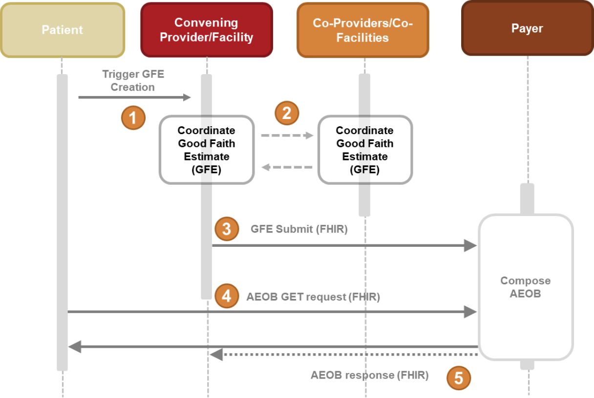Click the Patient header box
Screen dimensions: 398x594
tap(63, 30)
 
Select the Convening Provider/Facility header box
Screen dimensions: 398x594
tap(206, 30)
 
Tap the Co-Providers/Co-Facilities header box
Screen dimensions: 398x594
tap(362, 30)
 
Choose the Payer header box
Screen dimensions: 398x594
tap(527, 28)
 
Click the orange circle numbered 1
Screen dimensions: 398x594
tap(133, 118)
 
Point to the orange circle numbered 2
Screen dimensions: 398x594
tap(287, 113)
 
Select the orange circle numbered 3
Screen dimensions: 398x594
tap(227, 229)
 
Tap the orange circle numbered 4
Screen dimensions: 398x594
tap(227, 296)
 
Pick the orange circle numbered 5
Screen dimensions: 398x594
tap(459, 378)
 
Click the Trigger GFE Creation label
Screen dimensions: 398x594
tap(133, 80)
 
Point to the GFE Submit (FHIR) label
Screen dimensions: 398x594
tap(299, 229)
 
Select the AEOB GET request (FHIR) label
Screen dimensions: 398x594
tap(313, 296)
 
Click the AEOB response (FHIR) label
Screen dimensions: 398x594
tap(369, 376)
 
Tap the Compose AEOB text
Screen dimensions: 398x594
tap(525, 287)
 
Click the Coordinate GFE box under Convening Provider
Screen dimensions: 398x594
tap(206, 150)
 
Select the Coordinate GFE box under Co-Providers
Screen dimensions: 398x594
tap(364, 150)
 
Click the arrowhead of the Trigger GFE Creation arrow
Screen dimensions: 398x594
tap(187, 98)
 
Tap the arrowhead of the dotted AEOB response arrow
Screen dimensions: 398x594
tap(216, 355)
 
